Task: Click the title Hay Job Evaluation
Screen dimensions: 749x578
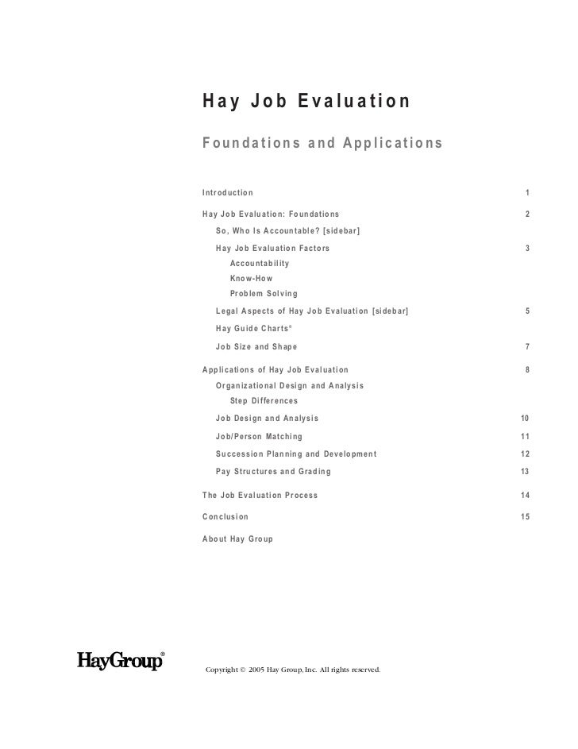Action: [306, 102]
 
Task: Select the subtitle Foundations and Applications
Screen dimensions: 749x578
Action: [322, 144]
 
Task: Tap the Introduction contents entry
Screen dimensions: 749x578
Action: [228, 193]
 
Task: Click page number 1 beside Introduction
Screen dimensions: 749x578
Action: [527, 193]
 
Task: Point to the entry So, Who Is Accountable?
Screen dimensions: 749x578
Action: [288, 230]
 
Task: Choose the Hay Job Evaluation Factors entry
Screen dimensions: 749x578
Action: [272, 249]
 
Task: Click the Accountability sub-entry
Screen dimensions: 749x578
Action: [260, 264]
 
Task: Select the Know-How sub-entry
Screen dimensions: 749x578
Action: [251, 279]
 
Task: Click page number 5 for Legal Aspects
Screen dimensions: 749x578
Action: [527, 312]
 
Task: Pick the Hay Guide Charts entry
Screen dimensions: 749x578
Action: [254, 329]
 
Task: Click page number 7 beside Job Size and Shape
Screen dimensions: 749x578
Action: [527, 347]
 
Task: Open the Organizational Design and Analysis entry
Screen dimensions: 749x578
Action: [289, 385]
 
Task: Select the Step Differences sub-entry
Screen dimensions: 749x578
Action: [264, 400]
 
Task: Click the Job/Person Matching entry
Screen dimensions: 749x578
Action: [258, 437]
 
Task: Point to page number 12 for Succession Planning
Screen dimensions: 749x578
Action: [525, 454]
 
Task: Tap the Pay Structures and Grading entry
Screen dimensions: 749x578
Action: [273, 472]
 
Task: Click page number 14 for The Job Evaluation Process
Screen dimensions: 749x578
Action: [525, 496]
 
